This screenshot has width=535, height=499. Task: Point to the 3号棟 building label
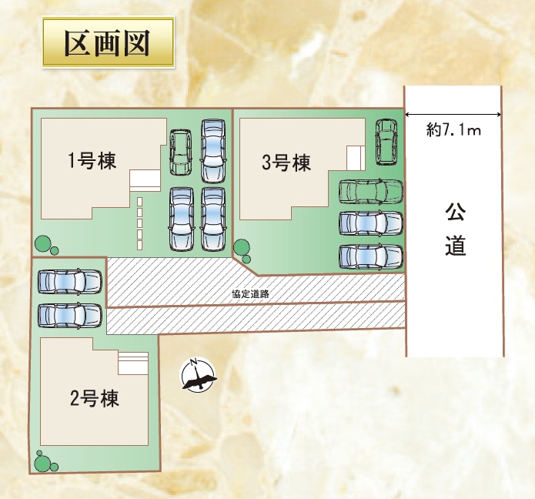click(x=286, y=162)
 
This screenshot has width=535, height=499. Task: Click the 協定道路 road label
click(x=249, y=294)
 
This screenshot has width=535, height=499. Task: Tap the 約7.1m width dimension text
click(x=453, y=130)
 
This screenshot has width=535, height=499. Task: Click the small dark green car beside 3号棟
click(x=385, y=141)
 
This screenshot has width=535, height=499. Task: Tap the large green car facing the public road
click(x=370, y=190)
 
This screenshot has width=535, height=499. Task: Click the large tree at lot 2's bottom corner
click(x=43, y=464)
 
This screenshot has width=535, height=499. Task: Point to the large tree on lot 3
click(x=242, y=248)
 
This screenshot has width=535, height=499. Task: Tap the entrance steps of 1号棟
click(x=144, y=179)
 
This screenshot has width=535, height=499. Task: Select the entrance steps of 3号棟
click(x=356, y=158)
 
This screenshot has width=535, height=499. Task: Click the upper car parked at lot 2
click(x=69, y=281)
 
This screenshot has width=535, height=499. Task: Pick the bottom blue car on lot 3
click(x=370, y=256)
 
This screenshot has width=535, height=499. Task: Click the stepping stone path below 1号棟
click(x=140, y=223)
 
